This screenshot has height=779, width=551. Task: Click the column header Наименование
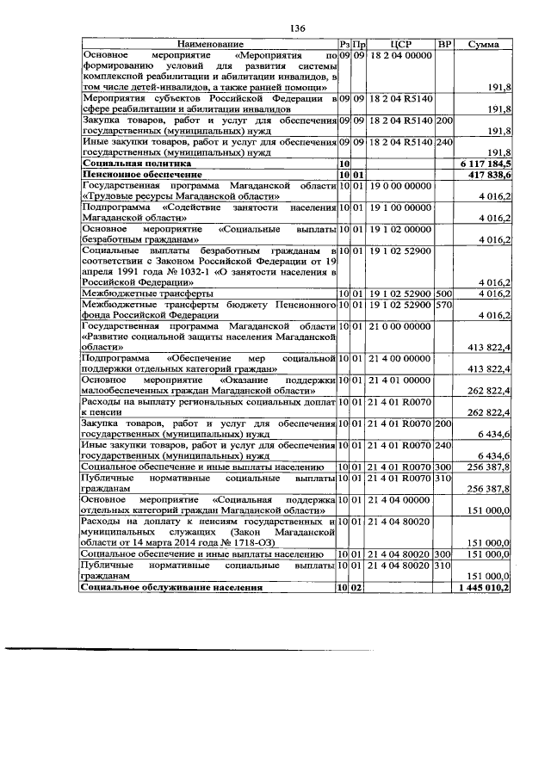tap(210, 44)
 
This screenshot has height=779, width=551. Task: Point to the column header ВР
tap(444, 44)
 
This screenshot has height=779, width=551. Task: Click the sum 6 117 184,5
tap(487, 163)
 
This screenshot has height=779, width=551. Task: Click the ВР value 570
tap(444, 305)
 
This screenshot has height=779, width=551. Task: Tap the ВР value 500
tap(444, 294)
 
